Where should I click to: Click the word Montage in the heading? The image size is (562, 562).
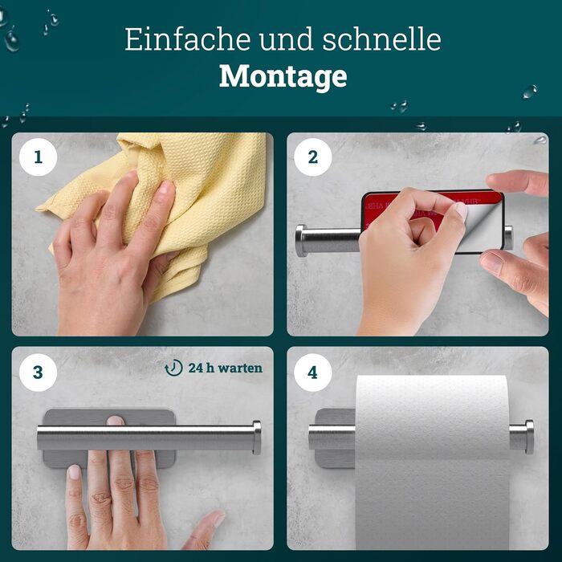tap(283, 77)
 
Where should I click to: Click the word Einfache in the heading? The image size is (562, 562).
tap(187, 39)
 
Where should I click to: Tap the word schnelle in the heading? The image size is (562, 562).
tap(381, 39)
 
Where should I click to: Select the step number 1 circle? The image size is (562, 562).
tap(38, 157)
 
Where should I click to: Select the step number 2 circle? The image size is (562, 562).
tap(313, 157)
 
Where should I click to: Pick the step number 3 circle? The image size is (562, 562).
tap(38, 373)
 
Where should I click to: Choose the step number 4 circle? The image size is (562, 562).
tap(313, 373)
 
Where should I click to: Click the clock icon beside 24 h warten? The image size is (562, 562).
tap(174, 368)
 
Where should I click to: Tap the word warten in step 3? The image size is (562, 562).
tap(240, 368)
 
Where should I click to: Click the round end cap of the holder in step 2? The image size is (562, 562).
tap(301, 241)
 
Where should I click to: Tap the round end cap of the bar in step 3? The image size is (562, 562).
tap(257, 438)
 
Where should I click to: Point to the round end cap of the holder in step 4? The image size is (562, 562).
tap(529, 437)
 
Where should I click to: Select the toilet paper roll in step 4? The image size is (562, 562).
tap(432, 462)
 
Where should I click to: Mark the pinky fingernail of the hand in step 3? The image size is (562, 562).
tap(74, 472)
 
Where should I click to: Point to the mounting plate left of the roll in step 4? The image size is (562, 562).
tap(335, 438)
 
